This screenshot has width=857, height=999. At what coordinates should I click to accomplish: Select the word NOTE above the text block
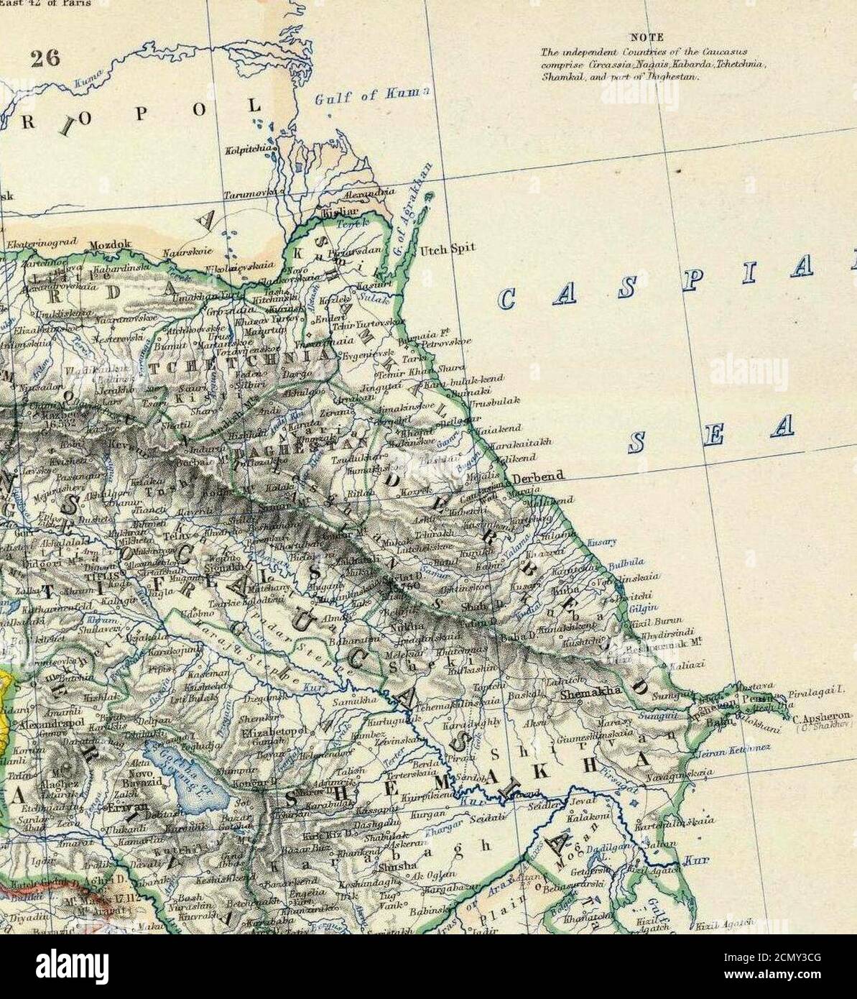tap(647, 37)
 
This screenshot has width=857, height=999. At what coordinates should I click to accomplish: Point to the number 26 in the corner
tap(45, 59)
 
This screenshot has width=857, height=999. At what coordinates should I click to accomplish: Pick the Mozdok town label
tap(110, 244)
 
